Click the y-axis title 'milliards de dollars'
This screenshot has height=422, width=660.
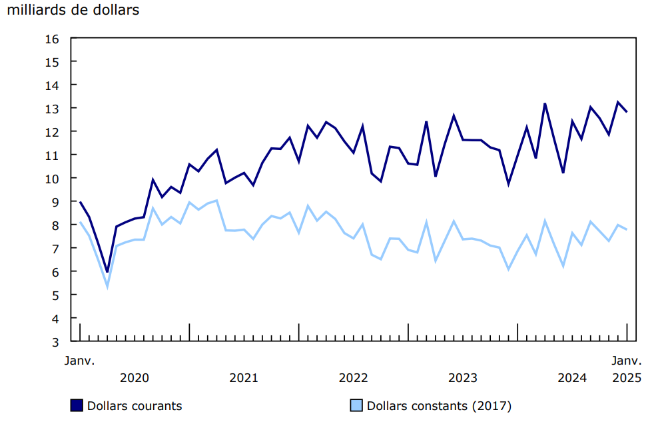click(73, 11)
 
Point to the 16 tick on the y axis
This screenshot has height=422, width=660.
click(54, 39)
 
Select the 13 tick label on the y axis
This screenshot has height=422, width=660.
click(54, 109)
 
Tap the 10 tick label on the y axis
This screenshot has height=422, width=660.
click(54, 179)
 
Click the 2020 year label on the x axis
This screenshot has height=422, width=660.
click(135, 378)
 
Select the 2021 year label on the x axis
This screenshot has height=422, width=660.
click(244, 378)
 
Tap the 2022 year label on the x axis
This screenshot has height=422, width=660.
click(353, 378)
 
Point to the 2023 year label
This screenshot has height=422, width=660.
click(462, 378)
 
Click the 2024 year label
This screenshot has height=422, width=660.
click(571, 378)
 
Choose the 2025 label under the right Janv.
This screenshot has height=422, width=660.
click(627, 378)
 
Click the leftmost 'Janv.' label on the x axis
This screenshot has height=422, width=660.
click(80, 361)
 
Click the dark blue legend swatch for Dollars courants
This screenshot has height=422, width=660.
click(77, 405)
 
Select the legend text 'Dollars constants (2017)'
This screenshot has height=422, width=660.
click(439, 405)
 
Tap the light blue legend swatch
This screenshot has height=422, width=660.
click(357, 405)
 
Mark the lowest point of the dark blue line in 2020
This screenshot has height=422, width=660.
click(107, 272)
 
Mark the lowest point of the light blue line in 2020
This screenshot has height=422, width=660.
click(107, 287)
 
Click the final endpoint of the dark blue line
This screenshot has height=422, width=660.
click(627, 112)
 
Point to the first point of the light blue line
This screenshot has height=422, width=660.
click(80, 222)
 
